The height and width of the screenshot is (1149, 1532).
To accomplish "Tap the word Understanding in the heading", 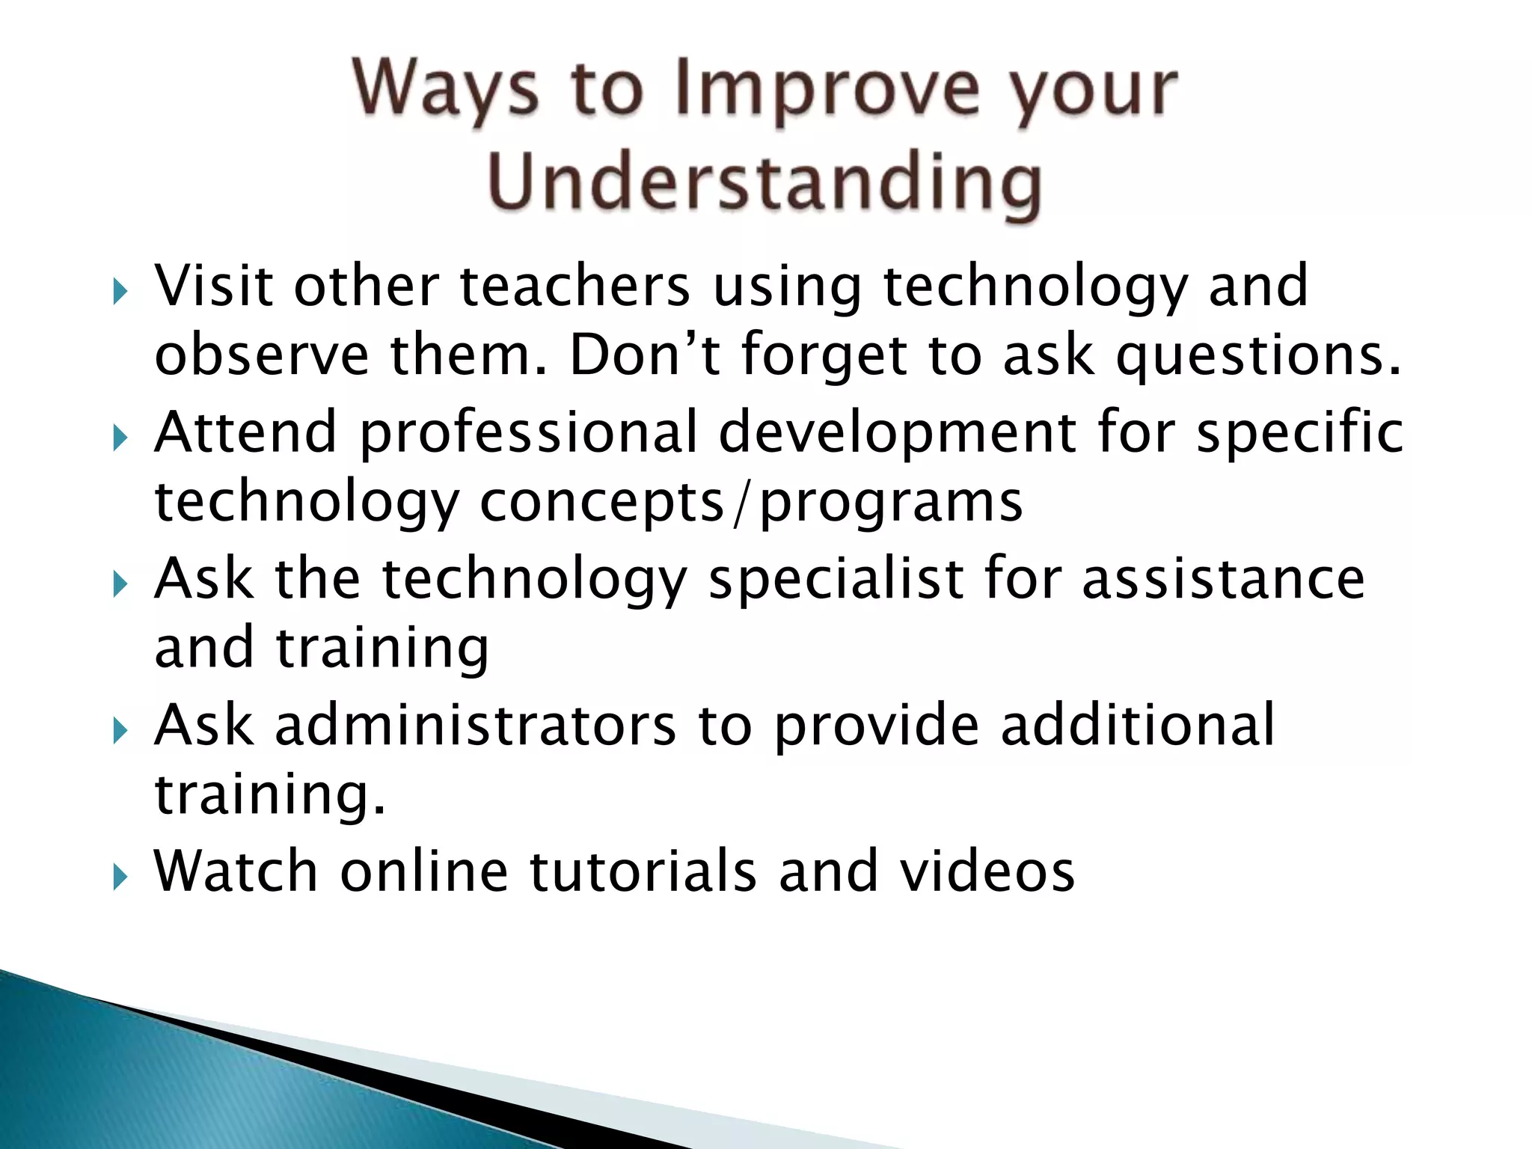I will pyautogui.click(x=765, y=183).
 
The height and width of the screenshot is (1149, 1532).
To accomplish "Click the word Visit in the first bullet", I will pyautogui.click(x=213, y=286).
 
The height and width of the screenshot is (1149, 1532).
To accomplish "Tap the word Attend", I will pyautogui.click(x=246, y=432).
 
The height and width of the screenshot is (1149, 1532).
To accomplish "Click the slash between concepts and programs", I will pyautogui.click(x=741, y=503).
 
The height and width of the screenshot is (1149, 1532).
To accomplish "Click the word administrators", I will pyautogui.click(x=475, y=724).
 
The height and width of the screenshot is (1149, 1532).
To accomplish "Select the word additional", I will pyautogui.click(x=1138, y=724).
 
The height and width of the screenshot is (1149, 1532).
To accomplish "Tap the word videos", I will pyautogui.click(x=987, y=870).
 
